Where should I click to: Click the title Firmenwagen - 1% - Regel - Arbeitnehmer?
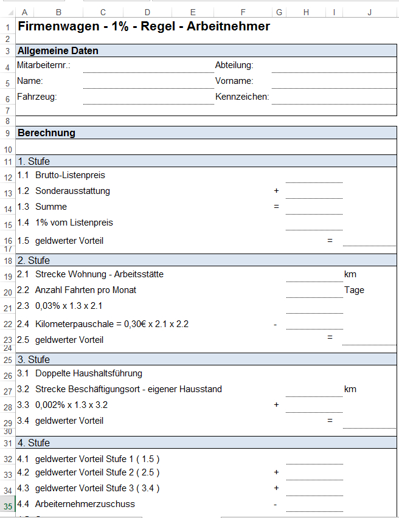[x=144, y=26]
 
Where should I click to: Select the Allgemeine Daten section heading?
[x=58, y=51]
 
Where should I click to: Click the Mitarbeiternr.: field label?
[x=44, y=65]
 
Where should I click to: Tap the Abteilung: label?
[x=234, y=65]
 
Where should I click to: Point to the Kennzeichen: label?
[x=242, y=97]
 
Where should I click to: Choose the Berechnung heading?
[x=46, y=133]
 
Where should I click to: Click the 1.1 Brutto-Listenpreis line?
[x=61, y=175]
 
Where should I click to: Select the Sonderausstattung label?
[x=72, y=191]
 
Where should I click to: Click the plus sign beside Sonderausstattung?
[x=276, y=191]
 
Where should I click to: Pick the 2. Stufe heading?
[x=34, y=260]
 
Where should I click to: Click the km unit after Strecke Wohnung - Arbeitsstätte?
[x=350, y=274]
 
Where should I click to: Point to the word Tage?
[x=354, y=290]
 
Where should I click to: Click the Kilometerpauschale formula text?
[x=111, y=324]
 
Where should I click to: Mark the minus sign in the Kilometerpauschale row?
[x=276, y=324]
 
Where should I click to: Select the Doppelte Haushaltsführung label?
[x=89, y=373]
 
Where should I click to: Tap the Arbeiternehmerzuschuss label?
[x=85, y=504]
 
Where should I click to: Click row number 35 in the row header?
[x=8, y=505]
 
